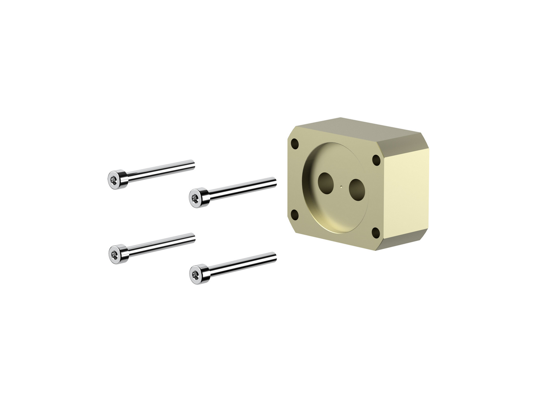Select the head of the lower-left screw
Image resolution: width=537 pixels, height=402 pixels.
[x=116, y=253]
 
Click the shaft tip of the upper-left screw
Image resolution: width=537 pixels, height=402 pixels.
[x=193, y=164]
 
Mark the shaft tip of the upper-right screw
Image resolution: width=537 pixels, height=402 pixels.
[x=274, y=181]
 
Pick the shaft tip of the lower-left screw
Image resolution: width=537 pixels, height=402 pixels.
[x=193, y=237]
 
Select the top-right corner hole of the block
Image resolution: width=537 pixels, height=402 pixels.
[x=376, y=160]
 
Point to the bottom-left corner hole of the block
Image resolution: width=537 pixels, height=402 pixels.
[x=295, y=215]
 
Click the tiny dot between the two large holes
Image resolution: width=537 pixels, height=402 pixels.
[x=342, y=187]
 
